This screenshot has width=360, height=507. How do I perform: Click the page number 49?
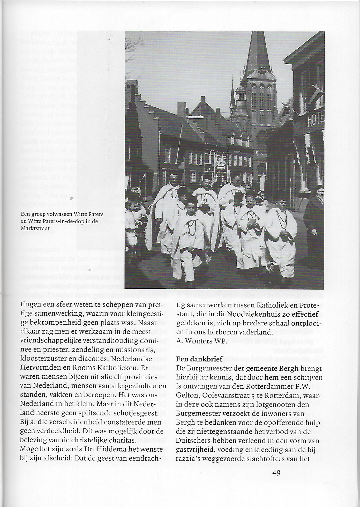276,473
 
